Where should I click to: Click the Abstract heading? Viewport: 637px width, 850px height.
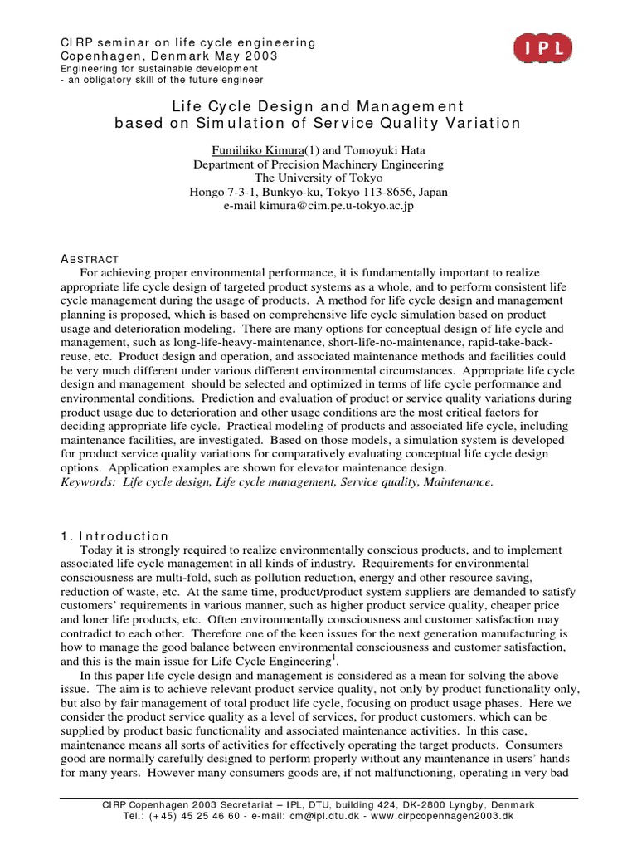pyautogui.click(x=90, y=259)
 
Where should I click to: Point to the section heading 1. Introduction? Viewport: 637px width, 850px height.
pyautogui.click(x=116, y=536)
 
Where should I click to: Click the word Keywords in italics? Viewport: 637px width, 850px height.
pyautogui.click(x=90, y=481)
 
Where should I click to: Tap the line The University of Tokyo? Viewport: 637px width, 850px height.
pyautogui.click(x=318, y=178)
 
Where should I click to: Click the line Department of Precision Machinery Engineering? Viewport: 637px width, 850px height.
pyautogui.click(x=318, y=164)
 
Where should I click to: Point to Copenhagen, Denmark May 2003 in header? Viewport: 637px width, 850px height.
pyautogui.click(x=170, y=56)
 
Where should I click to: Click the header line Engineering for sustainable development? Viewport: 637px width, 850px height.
pyautogui.click(x=152, y=68)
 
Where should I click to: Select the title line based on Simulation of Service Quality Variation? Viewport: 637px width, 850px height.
pyautogui.click(x=318, y=124)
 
